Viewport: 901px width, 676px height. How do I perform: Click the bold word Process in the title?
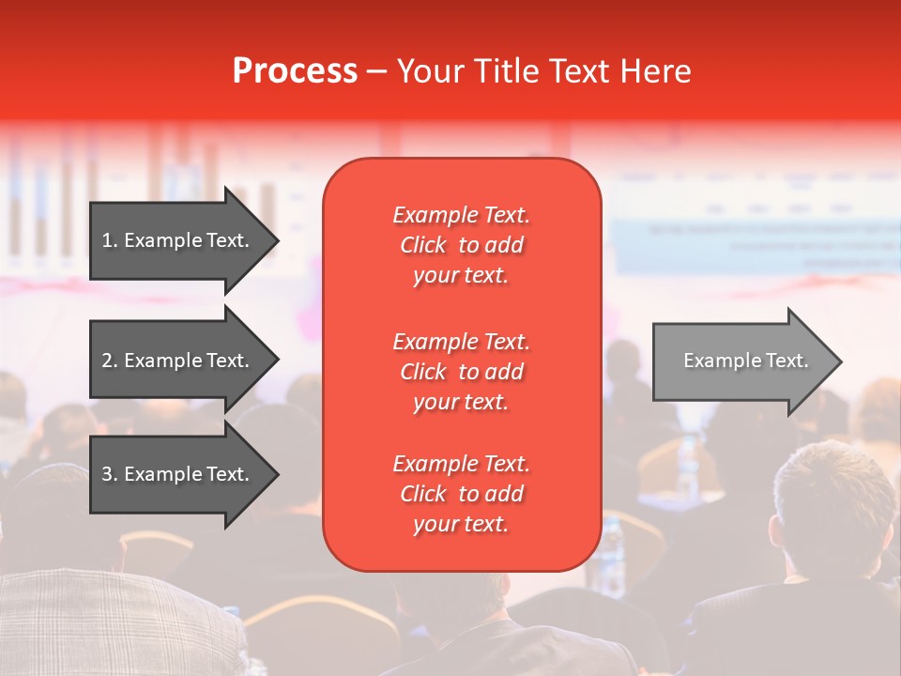pyautogui.click(x=295, y=71)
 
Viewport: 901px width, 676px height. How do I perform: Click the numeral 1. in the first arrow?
pyautogui.click(x=110, y=240)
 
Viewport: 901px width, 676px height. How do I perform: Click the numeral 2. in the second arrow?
pyautogui.click(x=110, y=361)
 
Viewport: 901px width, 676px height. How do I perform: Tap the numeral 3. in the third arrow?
pyautogui.click(x=110, y=474)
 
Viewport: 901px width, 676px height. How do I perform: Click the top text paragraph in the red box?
pyautogui.click(x=461, y=245)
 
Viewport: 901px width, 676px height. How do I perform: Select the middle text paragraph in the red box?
pyautogui.click(x=461, y=372)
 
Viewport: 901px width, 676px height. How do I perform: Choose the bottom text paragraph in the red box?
pyautogui.click(x=461, y=494)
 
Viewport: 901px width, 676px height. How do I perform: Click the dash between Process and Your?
pyautogui.click(x=377, y=71)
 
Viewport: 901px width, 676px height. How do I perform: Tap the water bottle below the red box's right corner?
pyautogui.click(x=612, y=554)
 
